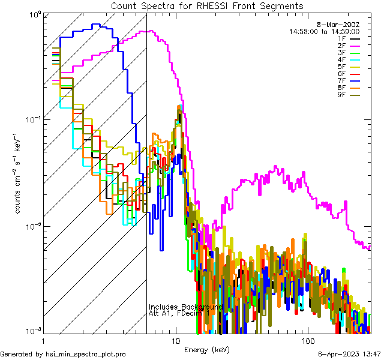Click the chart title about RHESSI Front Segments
[x=207, y=6]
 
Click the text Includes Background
[x=186, y=307]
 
